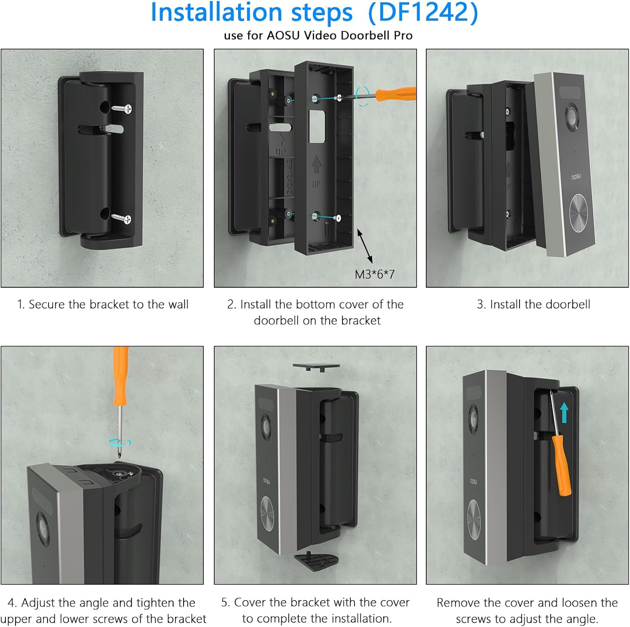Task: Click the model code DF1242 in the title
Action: point(423,12)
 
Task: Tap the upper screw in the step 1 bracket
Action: point(122,109)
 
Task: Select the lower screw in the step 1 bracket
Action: point(122,218)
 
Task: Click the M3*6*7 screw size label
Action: point(375,274)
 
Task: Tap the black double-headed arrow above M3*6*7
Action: point(365,246)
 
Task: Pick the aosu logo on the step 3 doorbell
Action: point(576,177)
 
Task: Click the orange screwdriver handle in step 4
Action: point(121,376)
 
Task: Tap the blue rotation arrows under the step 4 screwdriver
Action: point(120,442)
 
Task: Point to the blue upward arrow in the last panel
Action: point(564,413)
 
